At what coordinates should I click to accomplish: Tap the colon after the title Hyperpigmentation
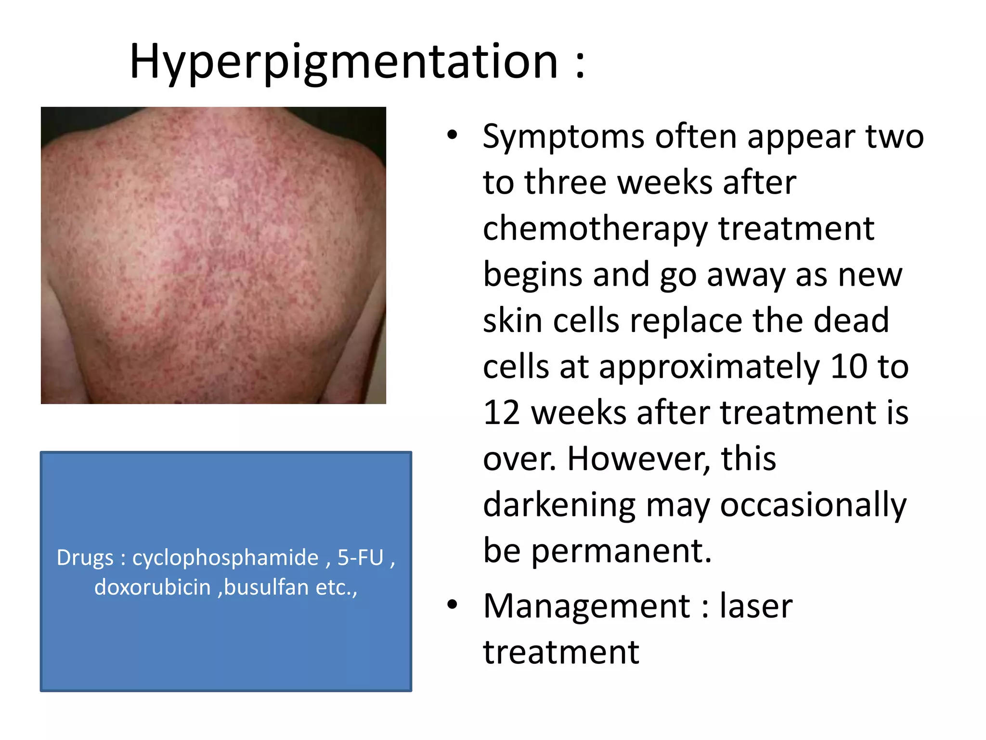tap(580, 64)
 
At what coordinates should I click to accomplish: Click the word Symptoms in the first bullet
tap(563, 137)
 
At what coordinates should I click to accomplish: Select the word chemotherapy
tap(595, 229)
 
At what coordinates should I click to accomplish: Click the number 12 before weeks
tap(501, 413)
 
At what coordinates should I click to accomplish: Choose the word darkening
tap(559, 505)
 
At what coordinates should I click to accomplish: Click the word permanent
tap(621, 551)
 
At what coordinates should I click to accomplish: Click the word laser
tap(756, 606)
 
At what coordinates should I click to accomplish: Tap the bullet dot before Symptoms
tap(452, 135)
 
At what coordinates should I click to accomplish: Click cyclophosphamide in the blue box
tap(225, 558)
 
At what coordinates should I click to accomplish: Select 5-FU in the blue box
tap(360, 557)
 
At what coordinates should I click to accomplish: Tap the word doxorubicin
tap(153, 587)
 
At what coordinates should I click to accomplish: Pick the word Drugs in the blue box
tap(85, 558)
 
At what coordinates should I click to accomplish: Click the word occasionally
tap(813, 505)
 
